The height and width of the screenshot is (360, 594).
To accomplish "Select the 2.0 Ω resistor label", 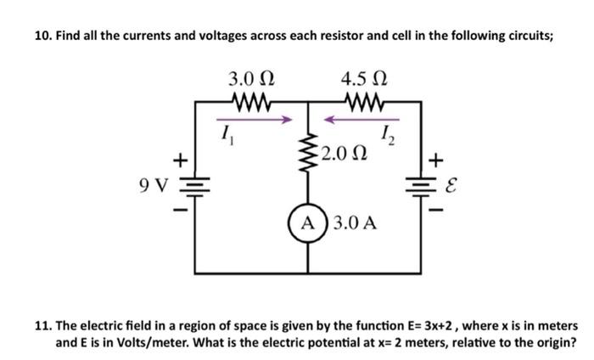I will (345, 155).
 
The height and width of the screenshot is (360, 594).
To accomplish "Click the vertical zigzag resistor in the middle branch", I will (306, 155).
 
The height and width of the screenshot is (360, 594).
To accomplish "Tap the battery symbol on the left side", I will (196, 184).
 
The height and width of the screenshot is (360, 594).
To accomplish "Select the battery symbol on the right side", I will (421, 184).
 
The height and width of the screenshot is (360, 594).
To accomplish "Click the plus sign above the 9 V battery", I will (179, 159).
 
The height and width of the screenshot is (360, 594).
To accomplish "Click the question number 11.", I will (42, 326).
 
